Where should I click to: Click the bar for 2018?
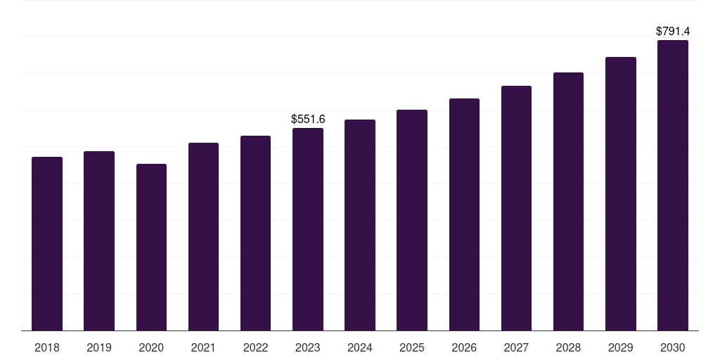click(47, 243)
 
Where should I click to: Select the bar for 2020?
click(151, 247)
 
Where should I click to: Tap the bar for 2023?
click(308, 229)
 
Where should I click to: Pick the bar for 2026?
click(464, 214)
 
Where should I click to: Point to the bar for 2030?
click(673, 185)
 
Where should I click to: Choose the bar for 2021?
click(203, 236)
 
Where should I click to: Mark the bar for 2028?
click(568, 201)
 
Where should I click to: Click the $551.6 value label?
click(308, 120)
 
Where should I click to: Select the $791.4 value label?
click(673, 32)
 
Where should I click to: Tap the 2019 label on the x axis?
click(99, 347)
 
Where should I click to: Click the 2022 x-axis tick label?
click(255, 347)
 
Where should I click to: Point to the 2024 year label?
click(360, 347)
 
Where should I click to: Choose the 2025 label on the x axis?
click(412, 347)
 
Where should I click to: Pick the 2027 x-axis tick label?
click(516, 347)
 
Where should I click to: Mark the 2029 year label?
click(621, 347)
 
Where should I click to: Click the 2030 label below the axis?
click(673, 347)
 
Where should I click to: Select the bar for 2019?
click(99, 240)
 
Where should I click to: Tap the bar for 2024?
click(360, 225)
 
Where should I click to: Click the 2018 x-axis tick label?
click(47, 347)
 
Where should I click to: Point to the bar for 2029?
click(621, 193)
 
